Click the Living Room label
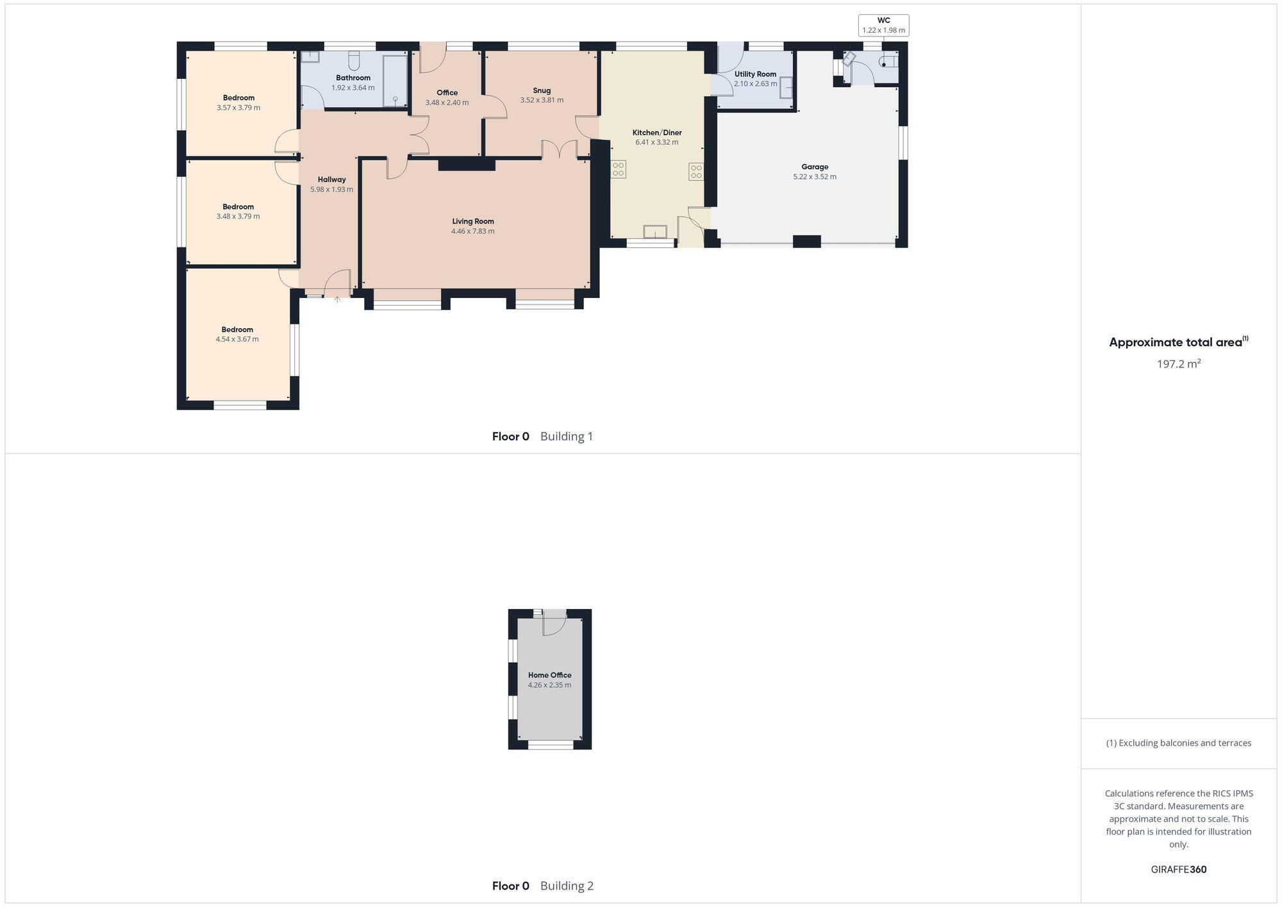[x=473, y=221]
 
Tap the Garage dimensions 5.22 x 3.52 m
[x=814, y=177]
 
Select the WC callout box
[x=883, y=26]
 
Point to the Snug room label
[x=542, y=90]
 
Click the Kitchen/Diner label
[x=657, y=133]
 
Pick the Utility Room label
[x=755, y=74]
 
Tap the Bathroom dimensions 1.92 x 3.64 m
[x=353, y=88]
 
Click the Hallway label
[x=331, y=179]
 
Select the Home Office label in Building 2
[x=549, y=675]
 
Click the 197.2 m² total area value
[x=1178, y=364]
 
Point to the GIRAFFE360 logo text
[x=1178, y=870]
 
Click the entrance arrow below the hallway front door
[x=337, y=299]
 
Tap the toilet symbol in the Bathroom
[x=354, y=61]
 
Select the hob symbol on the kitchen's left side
[x=619, y=169]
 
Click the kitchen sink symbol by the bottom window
[x=654, y=231]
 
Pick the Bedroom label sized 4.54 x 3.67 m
[x=237, y=329]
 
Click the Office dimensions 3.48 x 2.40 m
[x=447, y=103]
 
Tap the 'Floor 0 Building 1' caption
[x=542, y=437]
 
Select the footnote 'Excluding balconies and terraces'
[x=1178, y=744]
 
